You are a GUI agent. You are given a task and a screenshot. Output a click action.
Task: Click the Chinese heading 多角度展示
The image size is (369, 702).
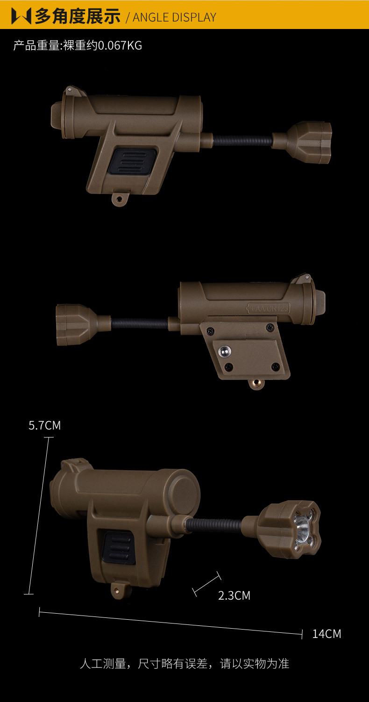[x=78, y=16]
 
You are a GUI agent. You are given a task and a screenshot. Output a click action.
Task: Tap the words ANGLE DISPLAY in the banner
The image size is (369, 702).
[x=175, y=17]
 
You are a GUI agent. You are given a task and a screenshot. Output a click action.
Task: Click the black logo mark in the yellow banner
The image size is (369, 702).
[x=21, y=16]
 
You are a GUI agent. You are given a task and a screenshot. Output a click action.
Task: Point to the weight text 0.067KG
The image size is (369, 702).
[x=120, y=46]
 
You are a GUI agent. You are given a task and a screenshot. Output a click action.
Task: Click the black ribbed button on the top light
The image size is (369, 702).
[x=132, y=161]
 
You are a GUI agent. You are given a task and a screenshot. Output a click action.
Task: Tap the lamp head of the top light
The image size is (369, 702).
[x=310, y=143]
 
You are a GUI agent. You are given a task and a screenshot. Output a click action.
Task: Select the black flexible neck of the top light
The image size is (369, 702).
[x=242, y=141]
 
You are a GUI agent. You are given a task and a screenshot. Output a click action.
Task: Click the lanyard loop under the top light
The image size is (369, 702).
[x=120, y=198]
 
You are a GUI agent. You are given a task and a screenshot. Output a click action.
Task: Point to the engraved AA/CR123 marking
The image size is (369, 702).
[x=268, y=308]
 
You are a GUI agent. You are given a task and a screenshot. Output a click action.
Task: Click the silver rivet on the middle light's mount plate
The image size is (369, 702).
[x=224, y=351]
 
